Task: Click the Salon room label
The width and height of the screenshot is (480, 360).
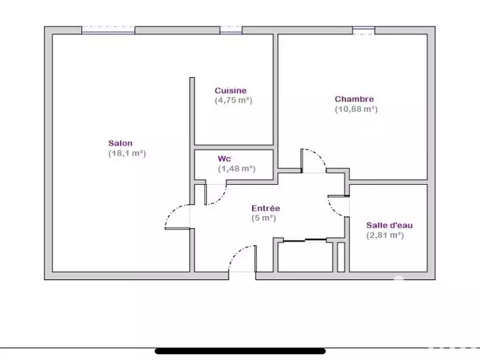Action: (121, 143)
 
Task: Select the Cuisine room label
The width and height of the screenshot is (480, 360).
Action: (230, 91)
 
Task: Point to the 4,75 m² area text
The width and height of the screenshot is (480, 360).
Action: (233, 101)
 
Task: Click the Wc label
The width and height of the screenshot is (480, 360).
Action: (224, 159)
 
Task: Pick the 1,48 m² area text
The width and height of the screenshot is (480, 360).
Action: (237, 169)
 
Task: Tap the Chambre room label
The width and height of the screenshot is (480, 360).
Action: (355, 99)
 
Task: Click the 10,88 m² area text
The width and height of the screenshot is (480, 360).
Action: (356, 109)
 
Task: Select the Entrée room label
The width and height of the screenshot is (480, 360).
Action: (266, 208)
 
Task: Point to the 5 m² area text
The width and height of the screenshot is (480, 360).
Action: (264, 218)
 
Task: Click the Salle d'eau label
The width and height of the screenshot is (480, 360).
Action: (389, 225)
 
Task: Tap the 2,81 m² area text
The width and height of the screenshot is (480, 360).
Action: (385, 235)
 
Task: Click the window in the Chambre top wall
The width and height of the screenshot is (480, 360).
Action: (363, 31)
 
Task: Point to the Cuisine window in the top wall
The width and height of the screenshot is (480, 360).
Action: (230, 31)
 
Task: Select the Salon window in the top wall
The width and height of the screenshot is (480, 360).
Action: (108, 31)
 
